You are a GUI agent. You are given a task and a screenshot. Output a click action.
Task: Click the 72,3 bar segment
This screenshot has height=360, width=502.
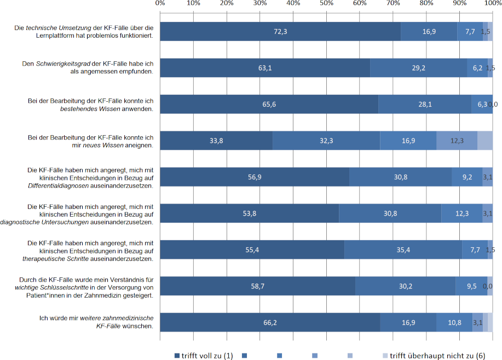(x=280, y=32)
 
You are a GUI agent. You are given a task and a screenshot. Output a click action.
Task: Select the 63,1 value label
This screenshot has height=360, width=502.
(x=265, y=68)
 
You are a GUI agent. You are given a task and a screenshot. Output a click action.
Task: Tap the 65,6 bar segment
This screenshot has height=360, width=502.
(x=269, y=104)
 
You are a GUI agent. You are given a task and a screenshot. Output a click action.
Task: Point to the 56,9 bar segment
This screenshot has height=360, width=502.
(x=255, y=177)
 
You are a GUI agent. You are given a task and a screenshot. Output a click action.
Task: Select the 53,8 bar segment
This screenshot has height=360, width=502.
(x=250, y=213)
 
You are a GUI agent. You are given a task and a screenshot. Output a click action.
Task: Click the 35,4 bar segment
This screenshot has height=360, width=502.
(x=403, y=249)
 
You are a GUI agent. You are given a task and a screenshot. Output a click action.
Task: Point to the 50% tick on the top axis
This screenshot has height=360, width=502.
(x=326, y=4)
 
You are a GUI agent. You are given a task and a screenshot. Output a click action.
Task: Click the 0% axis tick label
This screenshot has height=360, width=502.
(x=160, y=4)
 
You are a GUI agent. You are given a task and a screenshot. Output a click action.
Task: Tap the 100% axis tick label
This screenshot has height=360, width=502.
(x=492, y=4)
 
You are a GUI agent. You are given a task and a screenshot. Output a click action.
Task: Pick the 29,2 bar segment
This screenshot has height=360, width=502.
(x=418, y=68)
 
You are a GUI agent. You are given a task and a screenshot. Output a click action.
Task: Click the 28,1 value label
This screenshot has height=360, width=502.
(x=425, y=104)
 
